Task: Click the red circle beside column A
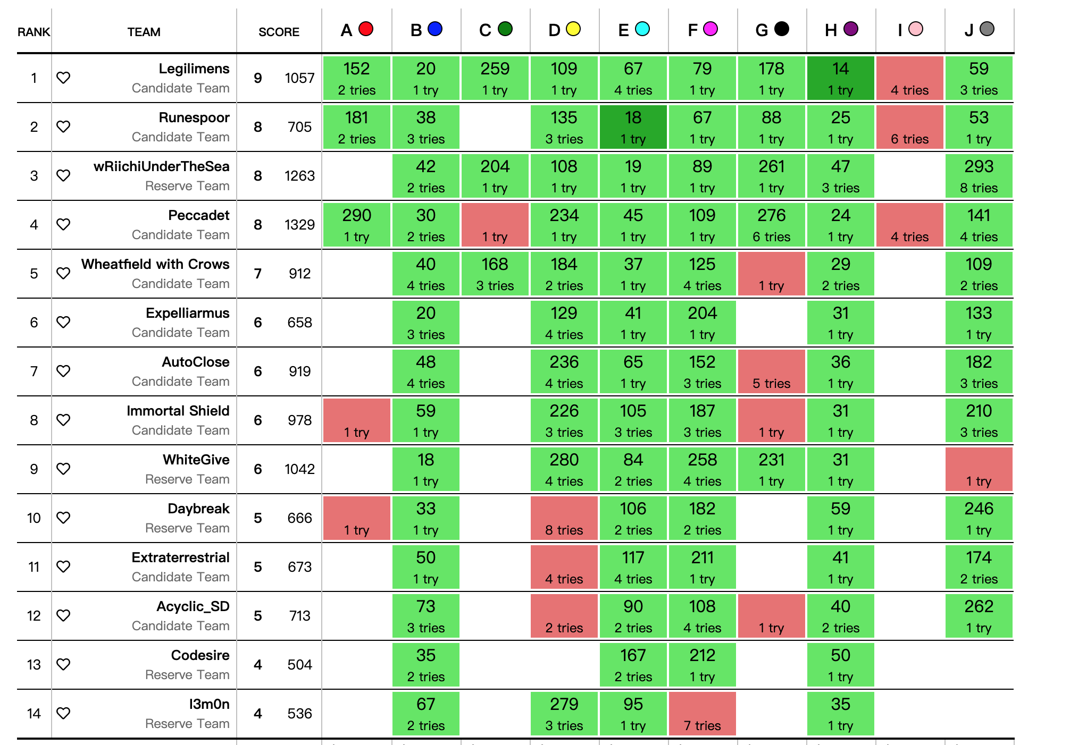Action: click(366, 29)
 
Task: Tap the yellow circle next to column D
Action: click(573, 29)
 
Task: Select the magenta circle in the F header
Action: click(710, 29)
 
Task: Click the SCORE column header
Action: click(279, 32)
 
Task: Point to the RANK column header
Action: click(34, 32)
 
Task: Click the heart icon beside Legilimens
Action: click(63, 78)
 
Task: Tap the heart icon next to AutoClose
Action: click(63, 371)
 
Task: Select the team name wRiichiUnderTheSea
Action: click(161, 166)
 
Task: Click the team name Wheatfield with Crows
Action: click(155, 264)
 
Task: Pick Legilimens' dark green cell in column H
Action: click(840, 78)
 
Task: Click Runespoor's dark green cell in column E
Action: click(633, 127)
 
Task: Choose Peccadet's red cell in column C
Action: click(495, 225)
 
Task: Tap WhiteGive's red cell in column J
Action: click(979, 469)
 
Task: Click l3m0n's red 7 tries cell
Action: click(702, 714)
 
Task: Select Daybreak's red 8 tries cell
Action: click(564, 518)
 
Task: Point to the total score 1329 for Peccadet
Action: click(299, 225)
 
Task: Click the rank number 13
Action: click(34, 665)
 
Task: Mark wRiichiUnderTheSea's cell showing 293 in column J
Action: click(979, 176)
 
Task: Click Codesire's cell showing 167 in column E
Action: click(633, 665)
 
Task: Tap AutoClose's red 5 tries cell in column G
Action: click(771, 371)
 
